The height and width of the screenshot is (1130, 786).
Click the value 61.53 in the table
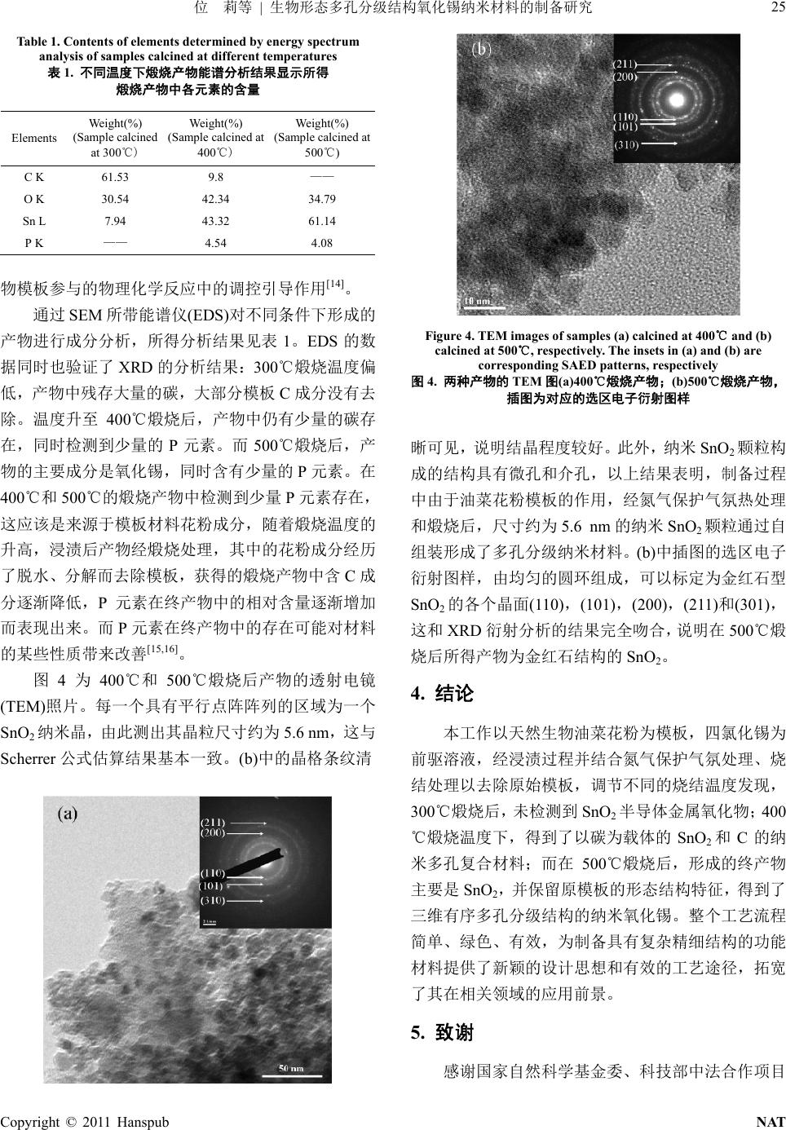pyautogui.click(x=115, y=177)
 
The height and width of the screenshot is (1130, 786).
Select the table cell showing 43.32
pyautogui.click(x=215, y=221)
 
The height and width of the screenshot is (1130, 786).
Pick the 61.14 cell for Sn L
pyautogui.click(x=322, y=221)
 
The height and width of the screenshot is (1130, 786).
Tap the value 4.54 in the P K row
pyautogui.click(x=215, y=243)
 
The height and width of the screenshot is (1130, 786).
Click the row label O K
pyautogui.click(x=34, y=199)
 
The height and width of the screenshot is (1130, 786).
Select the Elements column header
pyautogui.click(x=34, y=138)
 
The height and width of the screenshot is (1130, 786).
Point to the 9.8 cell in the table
pyautogui.click(x=215, y=177)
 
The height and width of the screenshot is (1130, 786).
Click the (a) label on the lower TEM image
pyautogui.click(x=67, y=814)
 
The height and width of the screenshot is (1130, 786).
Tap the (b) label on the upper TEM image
pyautogui.click(x=483, y=49)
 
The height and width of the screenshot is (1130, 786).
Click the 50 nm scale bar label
pyautogui.click(x=291, y=1069)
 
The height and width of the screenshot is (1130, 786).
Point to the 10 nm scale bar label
pyautogui.click(x=477, y=301)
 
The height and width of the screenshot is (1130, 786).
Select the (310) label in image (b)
pyautogui.click(x=627, y=143)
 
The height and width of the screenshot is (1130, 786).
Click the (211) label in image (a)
pyautogui.click(x=213, y=822)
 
